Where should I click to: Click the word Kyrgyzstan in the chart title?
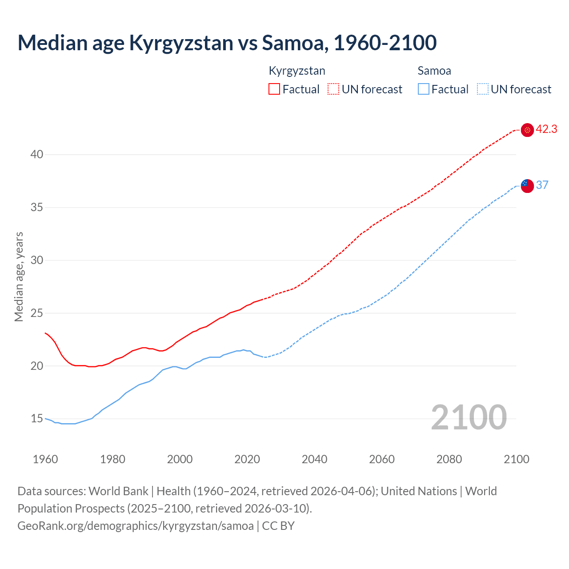click(x=181, y=43)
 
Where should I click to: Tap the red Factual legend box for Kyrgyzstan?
click(x=274, y=89)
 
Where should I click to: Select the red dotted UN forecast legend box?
click(x=333, y=89)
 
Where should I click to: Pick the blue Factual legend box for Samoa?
click(x=424, y=89)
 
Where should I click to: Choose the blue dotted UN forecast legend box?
click(x=483, y=89)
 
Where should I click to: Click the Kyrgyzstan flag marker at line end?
click(x=527, y=130)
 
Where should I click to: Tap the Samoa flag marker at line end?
click(x=527, y=186)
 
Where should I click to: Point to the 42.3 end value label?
click(x=546, y=129)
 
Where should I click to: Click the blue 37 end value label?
click(x=542, y=185)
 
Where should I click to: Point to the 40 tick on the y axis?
click(x=37, y=155)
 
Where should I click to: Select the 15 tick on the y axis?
click(x=37, y=419)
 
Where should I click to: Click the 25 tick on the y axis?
click(x=37, y=313)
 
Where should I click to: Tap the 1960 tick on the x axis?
click(x=45, y=459)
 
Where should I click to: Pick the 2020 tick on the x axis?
click(x=247, y=459)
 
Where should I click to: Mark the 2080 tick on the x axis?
click(x=449, y=459)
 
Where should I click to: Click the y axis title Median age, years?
click(x=19, y=276)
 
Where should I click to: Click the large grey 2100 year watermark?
click(x=469, y=417)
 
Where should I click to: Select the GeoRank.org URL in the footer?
click(x=136, y=526)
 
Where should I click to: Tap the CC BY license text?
click(x=278, y=526)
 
